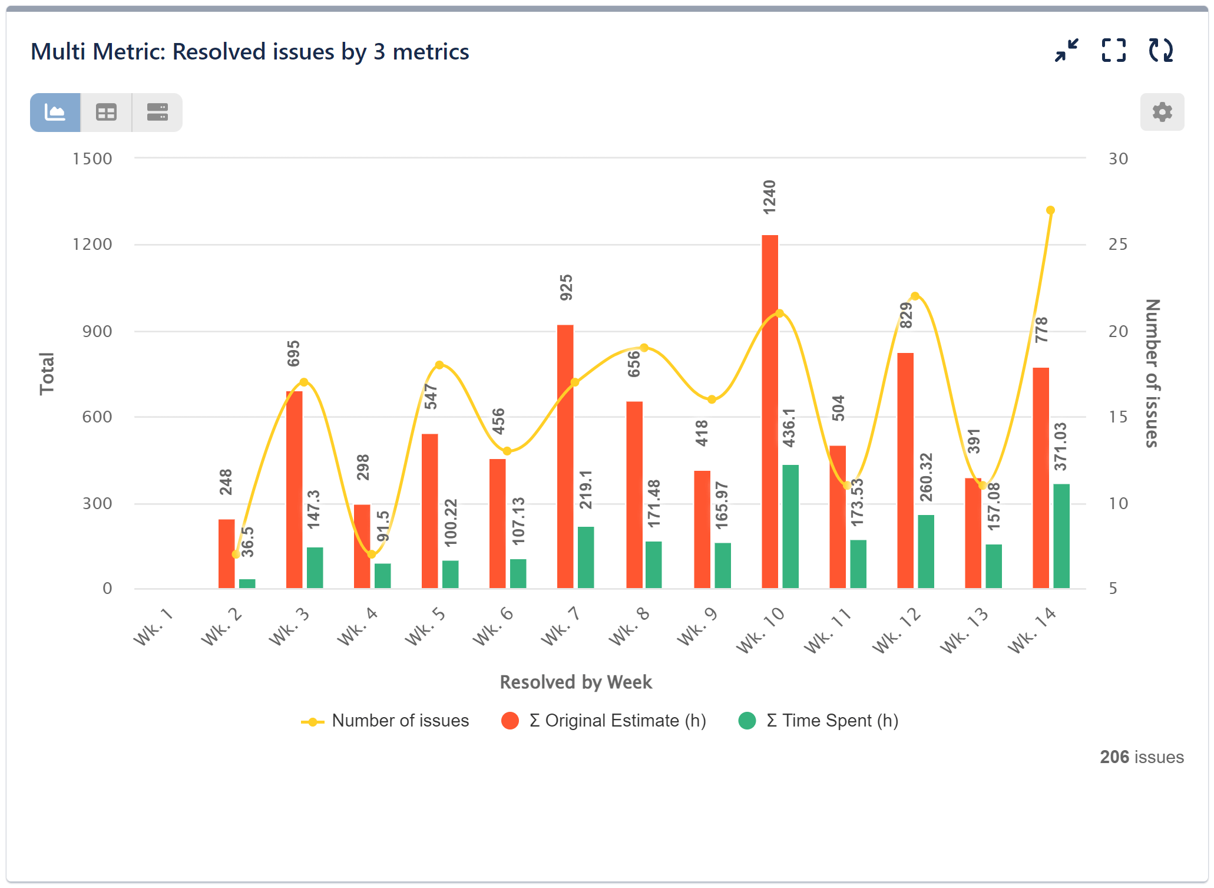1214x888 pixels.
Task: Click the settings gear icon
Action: [1162, 112]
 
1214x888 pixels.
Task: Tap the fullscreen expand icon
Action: [1113, 51]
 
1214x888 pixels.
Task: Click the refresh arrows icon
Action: [1160, 51]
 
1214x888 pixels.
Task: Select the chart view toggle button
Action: [55, 113]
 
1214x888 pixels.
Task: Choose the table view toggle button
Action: [107, 113]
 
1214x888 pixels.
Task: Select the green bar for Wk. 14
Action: [1061, 536]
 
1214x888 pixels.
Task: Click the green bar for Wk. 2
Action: [247, 583]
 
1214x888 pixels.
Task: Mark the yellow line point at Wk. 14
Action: [1050, 210]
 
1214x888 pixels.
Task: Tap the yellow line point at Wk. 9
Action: [712, 400]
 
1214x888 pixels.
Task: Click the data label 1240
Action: [769, 197]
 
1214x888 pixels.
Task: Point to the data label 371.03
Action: [1060, 447]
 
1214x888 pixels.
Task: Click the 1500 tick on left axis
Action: [92, 159]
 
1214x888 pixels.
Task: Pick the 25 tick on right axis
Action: [1117, 245]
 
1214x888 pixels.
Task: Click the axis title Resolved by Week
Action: [575, 682]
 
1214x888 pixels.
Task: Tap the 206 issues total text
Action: [1141, 757]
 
